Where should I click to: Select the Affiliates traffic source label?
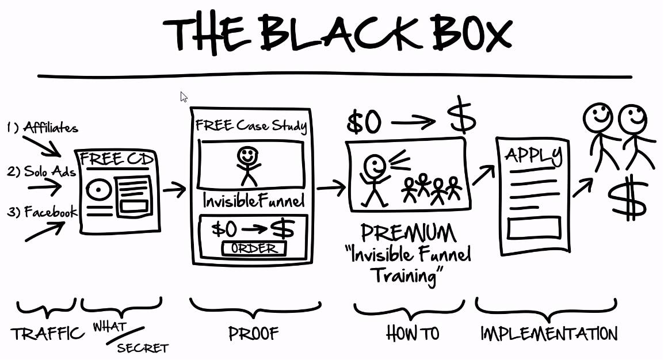50,128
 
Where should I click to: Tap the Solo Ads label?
49,172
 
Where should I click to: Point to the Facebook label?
50,213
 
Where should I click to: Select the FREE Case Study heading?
251,126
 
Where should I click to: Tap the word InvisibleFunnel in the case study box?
253,201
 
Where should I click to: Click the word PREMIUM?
409,232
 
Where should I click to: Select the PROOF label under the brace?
254,333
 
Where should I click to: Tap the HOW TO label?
413,333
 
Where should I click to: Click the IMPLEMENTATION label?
548,333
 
